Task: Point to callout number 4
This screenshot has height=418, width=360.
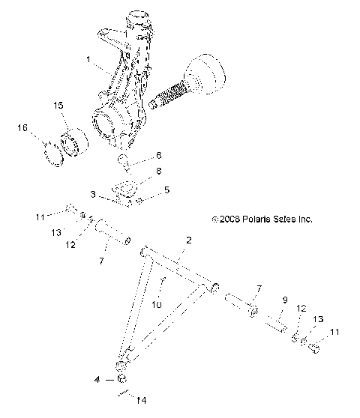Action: click(97, 380)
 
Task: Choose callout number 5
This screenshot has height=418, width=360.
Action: click(166, 190)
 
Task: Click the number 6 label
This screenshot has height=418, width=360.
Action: click(158, 156)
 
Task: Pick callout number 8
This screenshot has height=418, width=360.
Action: click(158, 172)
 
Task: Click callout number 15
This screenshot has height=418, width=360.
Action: click(58, 107)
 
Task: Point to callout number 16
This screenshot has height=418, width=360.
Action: click(22, 128)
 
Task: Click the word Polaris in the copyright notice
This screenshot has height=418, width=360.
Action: click(253, 219)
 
